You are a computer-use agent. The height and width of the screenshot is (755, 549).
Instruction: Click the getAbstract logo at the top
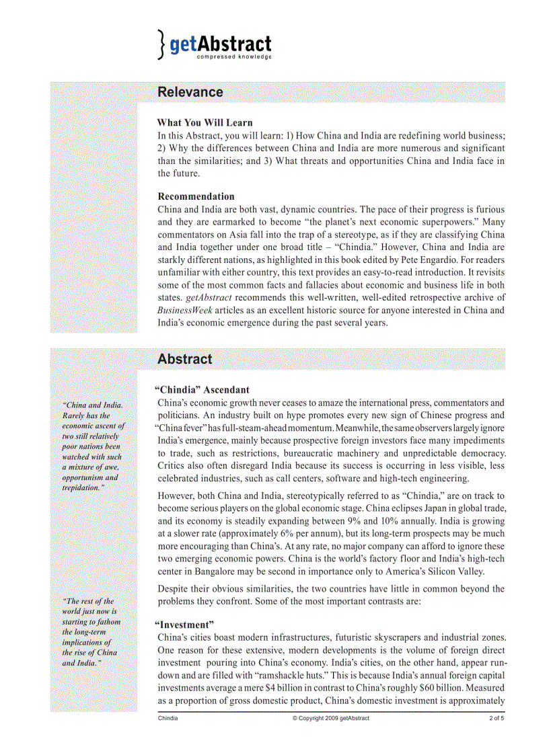coord(215,44)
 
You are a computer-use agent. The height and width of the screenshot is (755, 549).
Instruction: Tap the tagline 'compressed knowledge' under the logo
coord(234,57)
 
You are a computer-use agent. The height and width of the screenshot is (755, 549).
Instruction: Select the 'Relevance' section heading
coord(190,92)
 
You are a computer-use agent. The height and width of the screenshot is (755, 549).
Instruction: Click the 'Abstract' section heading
coord(184,359)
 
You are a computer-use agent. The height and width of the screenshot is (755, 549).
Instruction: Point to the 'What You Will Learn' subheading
coord(205,122)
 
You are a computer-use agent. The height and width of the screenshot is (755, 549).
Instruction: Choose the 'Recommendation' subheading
coord(196,196)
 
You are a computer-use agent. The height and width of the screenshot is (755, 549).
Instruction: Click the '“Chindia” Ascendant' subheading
coord(202,389)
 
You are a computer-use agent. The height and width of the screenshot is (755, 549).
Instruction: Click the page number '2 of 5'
coord(497,718)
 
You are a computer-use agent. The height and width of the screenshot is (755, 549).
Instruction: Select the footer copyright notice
coord(330,718)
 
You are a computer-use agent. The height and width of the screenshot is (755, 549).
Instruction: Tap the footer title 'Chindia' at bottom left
coord(168,718)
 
